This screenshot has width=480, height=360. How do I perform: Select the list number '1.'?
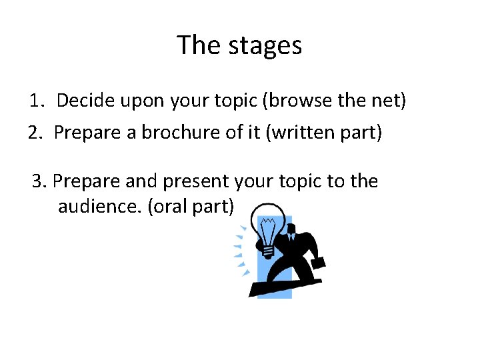point(37,101)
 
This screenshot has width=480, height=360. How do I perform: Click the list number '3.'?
point(40,181)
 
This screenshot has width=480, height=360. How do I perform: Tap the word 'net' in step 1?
point(389,101)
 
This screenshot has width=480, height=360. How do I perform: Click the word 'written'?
point(304,133)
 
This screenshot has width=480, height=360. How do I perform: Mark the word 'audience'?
point(100,207)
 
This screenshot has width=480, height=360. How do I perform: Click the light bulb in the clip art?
point(269,233)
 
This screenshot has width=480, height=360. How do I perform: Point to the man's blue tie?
point(291,236)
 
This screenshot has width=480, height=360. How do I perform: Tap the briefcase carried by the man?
point(318,261)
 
